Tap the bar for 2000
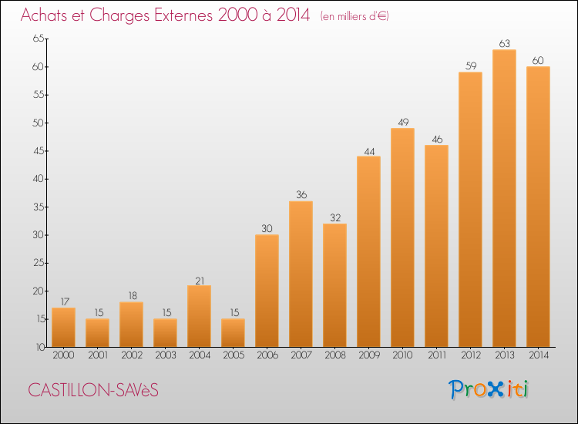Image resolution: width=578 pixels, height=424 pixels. [63, 327]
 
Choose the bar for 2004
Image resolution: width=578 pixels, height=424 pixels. [199, 316]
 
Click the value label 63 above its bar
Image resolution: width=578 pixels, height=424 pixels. [504, 44]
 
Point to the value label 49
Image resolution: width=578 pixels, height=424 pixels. [402, 123]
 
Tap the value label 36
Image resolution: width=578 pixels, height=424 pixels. [301, 195]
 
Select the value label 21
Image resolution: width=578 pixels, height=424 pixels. [199, 280]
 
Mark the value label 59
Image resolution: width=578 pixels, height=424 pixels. [470, 66]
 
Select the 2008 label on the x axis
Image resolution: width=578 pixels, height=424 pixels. [334, 355]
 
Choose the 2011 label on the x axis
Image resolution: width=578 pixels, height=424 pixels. [436, 355]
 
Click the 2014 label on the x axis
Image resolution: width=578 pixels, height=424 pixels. [538, 355]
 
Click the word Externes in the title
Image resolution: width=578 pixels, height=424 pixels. [170, 15]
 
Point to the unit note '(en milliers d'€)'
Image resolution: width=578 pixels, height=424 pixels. [355, 16]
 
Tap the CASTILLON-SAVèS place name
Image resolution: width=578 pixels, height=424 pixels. [93, 390]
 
